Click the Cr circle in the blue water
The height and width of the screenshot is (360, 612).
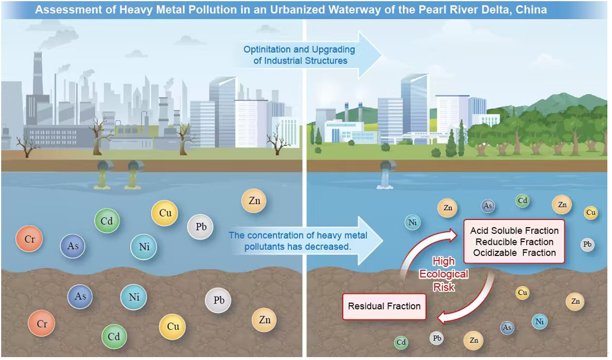tap(29, 239)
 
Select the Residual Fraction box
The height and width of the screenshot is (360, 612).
tap(384, 306)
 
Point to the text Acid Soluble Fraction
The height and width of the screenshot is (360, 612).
tap(514, 231)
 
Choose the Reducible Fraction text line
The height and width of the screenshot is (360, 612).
tap(514, 242)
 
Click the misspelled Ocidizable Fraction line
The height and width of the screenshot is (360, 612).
tap(514, 253)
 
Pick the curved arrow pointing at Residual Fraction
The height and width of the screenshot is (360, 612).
tap(470, 302)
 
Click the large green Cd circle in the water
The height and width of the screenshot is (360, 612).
tap(107, 221)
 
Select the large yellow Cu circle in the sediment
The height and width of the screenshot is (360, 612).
tap(172, 326)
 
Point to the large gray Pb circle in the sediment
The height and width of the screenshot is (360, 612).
tap(218, 301)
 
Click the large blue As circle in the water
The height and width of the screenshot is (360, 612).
tap(73, 246)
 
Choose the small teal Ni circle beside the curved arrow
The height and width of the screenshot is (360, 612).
tap(413, 222)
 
